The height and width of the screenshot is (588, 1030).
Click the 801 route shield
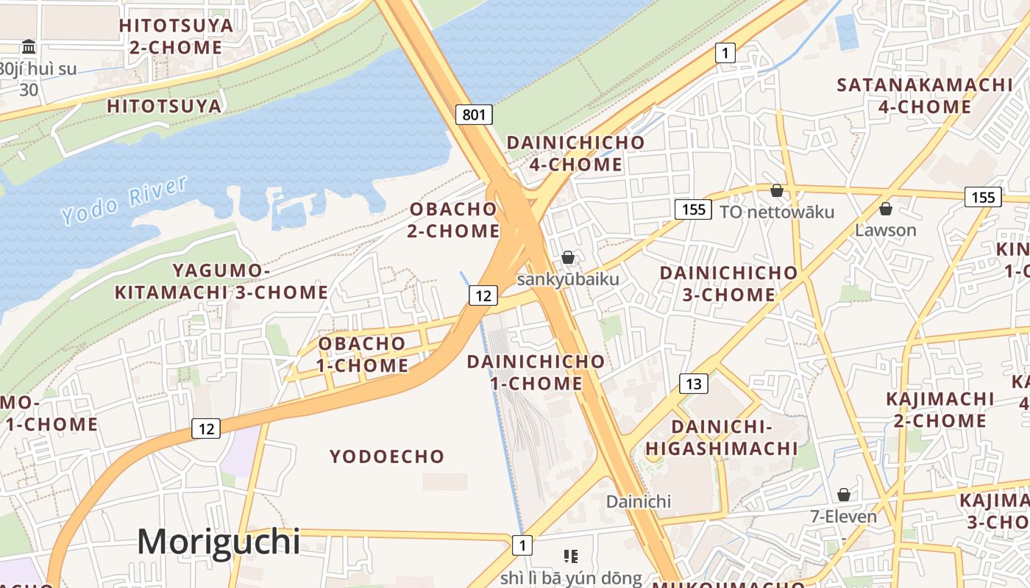tap(475, 115)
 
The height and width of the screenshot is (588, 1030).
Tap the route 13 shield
tap(694, 383)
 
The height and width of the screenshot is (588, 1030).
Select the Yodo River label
tap(125, 200)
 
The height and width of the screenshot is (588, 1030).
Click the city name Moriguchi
tap(219, 542)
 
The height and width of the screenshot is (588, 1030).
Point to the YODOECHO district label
tap(387, 456)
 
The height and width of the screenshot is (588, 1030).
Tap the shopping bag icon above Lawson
tap(886, 209)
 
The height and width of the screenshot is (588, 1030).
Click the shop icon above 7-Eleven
tap(844, 495)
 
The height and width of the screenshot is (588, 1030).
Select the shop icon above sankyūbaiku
tap(568, 257)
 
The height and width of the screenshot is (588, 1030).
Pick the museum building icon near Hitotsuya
tap(29, 47)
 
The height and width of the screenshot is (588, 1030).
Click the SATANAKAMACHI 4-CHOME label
tap(925, 96)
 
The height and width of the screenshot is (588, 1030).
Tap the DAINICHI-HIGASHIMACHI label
tap(722, 437)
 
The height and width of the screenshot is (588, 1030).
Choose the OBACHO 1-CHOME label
tap(362, 354)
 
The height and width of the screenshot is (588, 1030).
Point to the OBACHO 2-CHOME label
tap(454, 220)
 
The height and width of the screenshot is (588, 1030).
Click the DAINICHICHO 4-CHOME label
tap(575, 153)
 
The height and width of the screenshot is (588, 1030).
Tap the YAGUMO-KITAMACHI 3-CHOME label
tap(221, 282)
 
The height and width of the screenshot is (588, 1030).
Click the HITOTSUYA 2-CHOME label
tap(176, 36)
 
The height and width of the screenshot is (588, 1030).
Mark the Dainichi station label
tap(639, 501)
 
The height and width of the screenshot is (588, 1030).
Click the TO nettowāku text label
tap(777, 212)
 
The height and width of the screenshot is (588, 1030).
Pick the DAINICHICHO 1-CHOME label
tap(536, 372)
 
